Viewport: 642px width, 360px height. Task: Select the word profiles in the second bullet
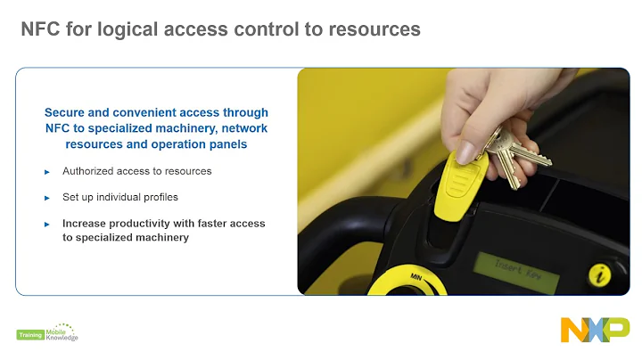point(171,196)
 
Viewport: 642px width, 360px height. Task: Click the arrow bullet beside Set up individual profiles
point(47,197)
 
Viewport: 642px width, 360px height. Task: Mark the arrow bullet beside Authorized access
point(47,171)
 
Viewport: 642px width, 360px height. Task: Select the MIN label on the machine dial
point(416,277)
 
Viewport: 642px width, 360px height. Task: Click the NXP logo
point(595,329)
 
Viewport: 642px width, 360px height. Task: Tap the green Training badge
point(29,335)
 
